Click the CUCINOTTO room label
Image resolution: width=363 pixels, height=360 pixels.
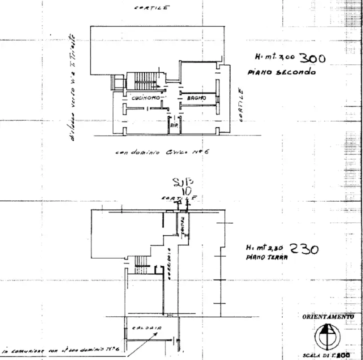point(146,98)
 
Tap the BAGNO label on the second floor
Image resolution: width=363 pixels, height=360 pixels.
point(196,98)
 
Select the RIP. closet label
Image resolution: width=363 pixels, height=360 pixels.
point(174,126)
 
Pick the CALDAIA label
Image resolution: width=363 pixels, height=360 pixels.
point(146,328)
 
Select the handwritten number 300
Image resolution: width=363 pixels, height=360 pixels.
point(311,58)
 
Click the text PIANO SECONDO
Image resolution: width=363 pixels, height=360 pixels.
point(281,72)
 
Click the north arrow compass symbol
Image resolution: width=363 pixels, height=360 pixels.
point(327,335)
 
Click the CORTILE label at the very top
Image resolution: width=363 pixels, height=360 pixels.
point(152,7)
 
